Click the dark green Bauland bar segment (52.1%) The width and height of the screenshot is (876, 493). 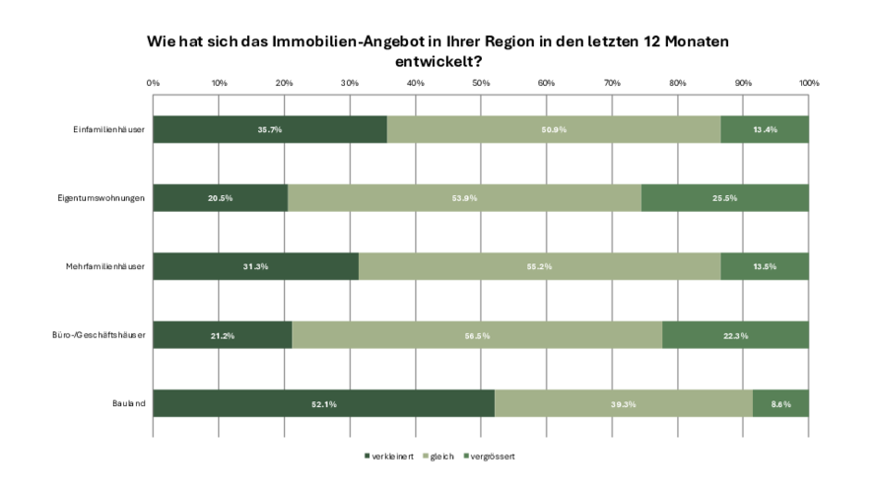point(323,404)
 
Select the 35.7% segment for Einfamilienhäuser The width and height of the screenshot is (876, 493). point(270,129)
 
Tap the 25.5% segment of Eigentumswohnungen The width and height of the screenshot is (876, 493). point(725,198)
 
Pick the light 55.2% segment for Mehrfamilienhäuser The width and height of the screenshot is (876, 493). point(539,267)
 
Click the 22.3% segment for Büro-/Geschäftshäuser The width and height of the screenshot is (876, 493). point(735,335)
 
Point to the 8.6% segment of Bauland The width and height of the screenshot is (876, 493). point(780,404)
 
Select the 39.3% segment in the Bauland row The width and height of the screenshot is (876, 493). point(624,404)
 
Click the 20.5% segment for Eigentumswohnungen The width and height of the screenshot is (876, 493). point(220,198)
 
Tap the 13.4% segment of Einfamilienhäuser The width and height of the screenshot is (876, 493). point(765,129)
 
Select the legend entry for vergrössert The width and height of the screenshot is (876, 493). point(492,456)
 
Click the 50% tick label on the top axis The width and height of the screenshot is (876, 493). point(481,83)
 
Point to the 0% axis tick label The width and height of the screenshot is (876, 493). point(153,83)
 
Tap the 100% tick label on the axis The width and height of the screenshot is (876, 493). point(808,83)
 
